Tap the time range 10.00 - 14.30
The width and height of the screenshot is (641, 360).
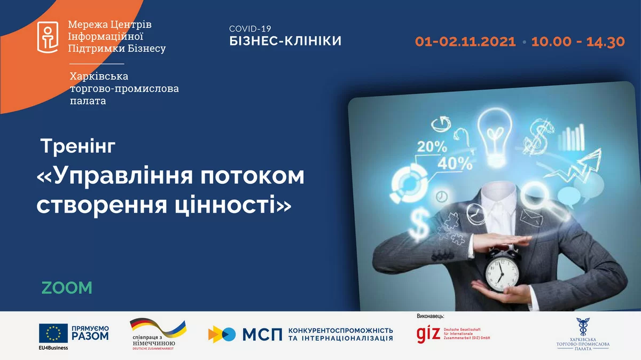577,42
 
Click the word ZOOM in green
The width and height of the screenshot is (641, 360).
67,288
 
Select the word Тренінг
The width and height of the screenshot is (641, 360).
78,146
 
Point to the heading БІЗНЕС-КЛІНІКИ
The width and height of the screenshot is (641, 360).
285,41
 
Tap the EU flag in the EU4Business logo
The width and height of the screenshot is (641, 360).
53,334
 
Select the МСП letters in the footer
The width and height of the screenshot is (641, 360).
262,334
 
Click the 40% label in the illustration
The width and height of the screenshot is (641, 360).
455,163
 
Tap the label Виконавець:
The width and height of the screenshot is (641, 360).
431,316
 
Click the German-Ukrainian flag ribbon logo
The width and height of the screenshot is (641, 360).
158,327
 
